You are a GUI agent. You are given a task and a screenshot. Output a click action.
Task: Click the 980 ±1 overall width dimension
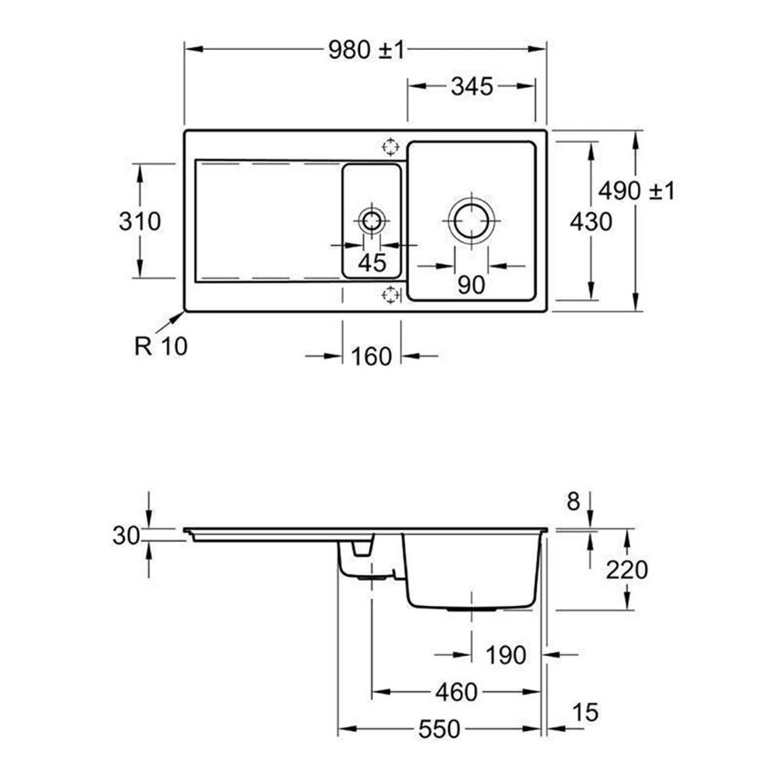(366, 50)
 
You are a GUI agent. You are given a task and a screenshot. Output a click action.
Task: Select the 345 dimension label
(472, 87)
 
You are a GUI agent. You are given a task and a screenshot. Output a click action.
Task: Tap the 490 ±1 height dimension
(637, 191)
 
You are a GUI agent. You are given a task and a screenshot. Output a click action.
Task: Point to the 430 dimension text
(590, 222)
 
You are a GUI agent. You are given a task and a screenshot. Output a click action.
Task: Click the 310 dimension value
(140, 222)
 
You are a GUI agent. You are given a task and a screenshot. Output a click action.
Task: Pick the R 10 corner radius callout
(161, 346)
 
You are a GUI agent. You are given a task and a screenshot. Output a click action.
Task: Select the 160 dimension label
(372, 357)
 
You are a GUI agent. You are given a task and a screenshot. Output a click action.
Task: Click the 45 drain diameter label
(372, 263)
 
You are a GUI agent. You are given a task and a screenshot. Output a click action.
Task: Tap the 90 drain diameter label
(471, 285)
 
